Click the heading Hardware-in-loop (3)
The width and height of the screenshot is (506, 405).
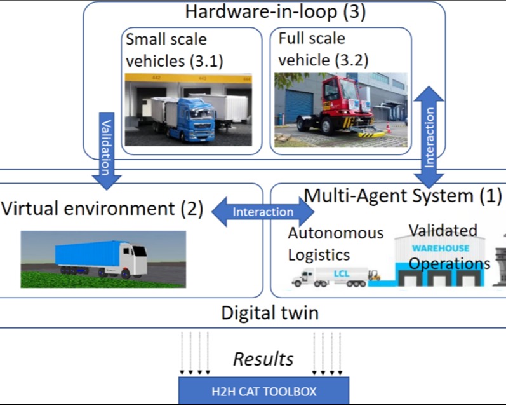pyautogui.click(x=275, y=11)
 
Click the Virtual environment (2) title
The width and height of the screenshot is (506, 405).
pyautogui.click(x=102, y=209)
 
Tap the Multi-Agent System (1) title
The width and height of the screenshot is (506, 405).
pyautogui.click(x=403, y=196)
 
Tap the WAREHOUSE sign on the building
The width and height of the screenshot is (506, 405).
pyautogui.click(x=441, y=248)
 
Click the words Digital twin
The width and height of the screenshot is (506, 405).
pyautogui.click(x=269, y=313)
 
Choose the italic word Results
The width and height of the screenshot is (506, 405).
pyautogui.click(x=263, y=359)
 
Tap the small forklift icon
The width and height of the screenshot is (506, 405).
pyautogui.click(x=375, y=275)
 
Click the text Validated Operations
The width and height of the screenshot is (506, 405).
pyautogui.click(x=448, y=246)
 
